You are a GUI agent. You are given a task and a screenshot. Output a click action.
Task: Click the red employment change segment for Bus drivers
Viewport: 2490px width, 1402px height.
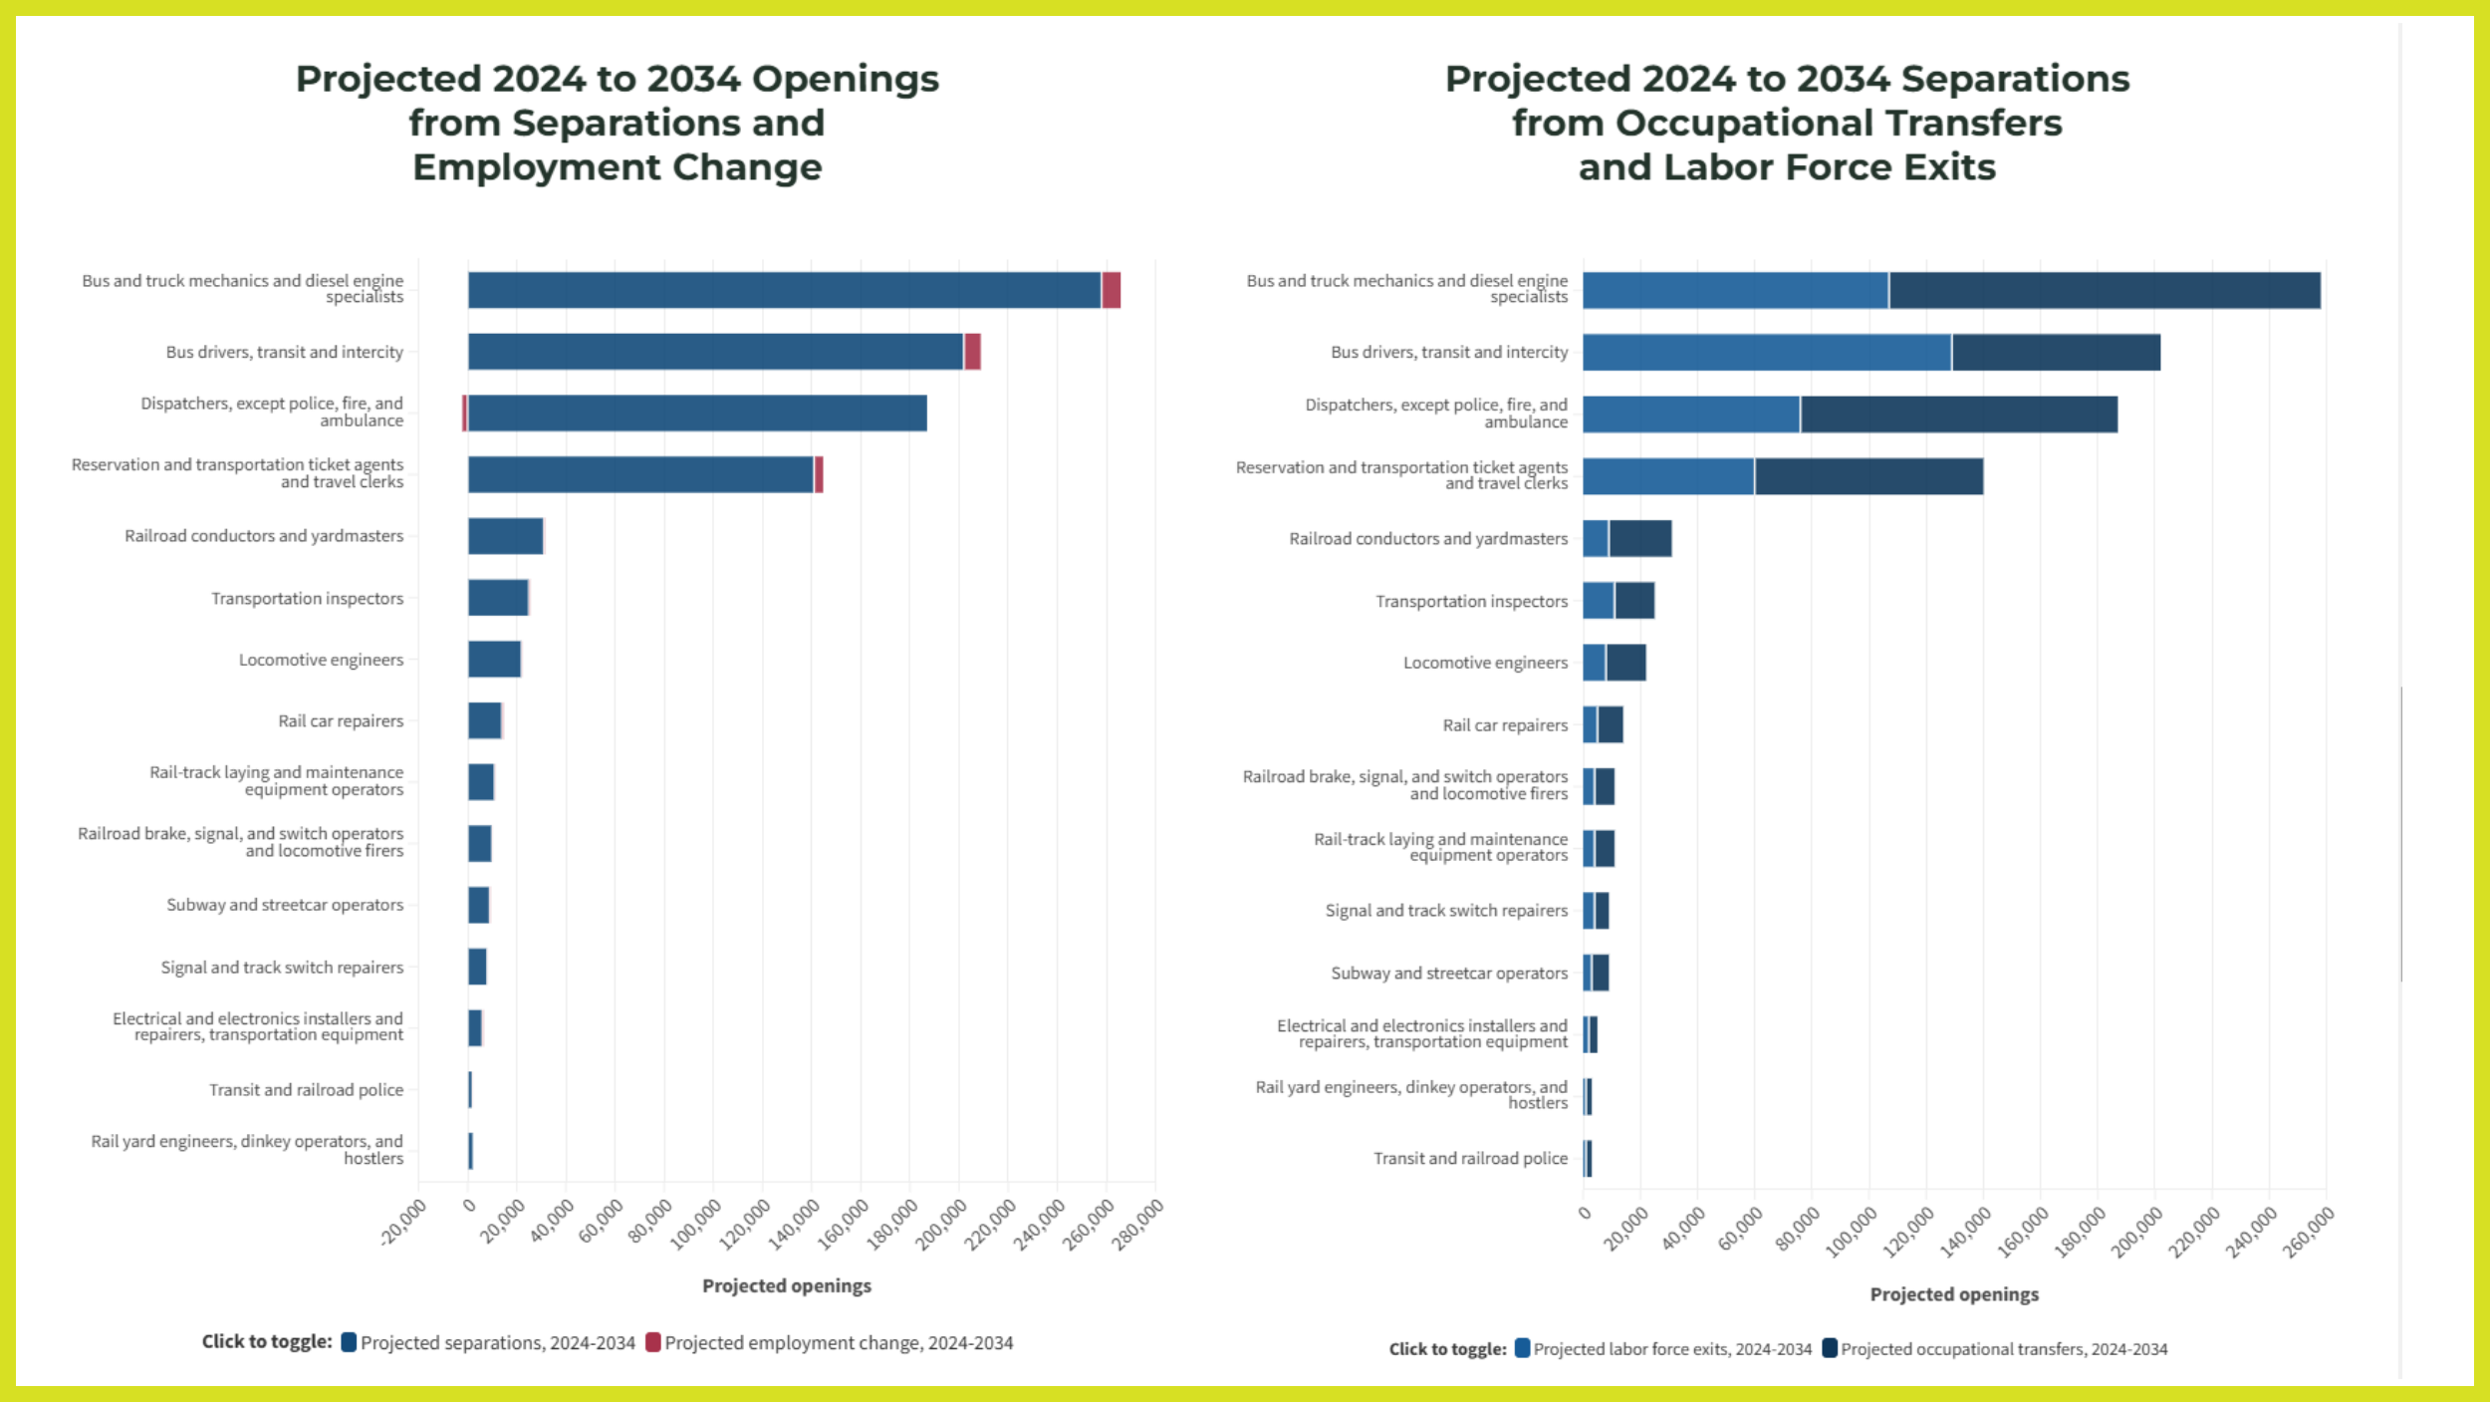[972, 352]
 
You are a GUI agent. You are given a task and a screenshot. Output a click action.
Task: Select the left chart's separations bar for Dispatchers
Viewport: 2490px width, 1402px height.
[697, 414]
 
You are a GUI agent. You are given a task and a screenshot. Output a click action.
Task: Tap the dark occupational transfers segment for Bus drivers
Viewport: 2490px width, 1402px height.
[2056, 353]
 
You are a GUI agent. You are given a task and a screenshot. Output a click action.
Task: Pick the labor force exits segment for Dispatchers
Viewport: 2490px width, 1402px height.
[1690, 415]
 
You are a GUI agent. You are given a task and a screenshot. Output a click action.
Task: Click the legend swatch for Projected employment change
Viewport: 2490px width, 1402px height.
[652, 1342]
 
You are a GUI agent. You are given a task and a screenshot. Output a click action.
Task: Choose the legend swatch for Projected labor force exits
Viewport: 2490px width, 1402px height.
[1522, 1348]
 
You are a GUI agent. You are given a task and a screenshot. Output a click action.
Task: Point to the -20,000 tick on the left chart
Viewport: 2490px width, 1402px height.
[404, 1221]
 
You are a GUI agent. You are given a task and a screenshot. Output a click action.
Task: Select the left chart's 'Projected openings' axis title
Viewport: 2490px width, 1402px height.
[786, 1285]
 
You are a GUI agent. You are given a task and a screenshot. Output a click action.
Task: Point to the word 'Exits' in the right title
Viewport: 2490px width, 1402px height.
[1949, 167]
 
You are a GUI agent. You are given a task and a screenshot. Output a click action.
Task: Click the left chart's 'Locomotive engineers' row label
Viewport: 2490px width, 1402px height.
[321, 660]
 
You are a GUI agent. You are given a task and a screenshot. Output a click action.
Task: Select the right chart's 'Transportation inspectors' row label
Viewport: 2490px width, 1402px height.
[1471, 601]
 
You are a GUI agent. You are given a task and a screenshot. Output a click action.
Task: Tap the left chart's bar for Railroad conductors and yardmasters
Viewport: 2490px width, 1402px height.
[505, 536]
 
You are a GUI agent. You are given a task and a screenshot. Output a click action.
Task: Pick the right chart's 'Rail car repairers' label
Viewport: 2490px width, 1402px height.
[1505, 725]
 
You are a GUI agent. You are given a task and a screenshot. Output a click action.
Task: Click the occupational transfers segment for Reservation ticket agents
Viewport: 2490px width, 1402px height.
[1868, 476]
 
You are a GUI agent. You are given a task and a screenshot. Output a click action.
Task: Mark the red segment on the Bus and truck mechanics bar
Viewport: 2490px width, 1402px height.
[1111, 290]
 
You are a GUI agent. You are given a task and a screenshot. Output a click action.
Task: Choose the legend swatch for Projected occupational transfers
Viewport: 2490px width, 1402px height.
[1830, 1348]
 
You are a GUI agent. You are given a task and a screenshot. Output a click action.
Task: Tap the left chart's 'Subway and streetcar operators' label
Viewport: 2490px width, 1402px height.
[285, 905]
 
